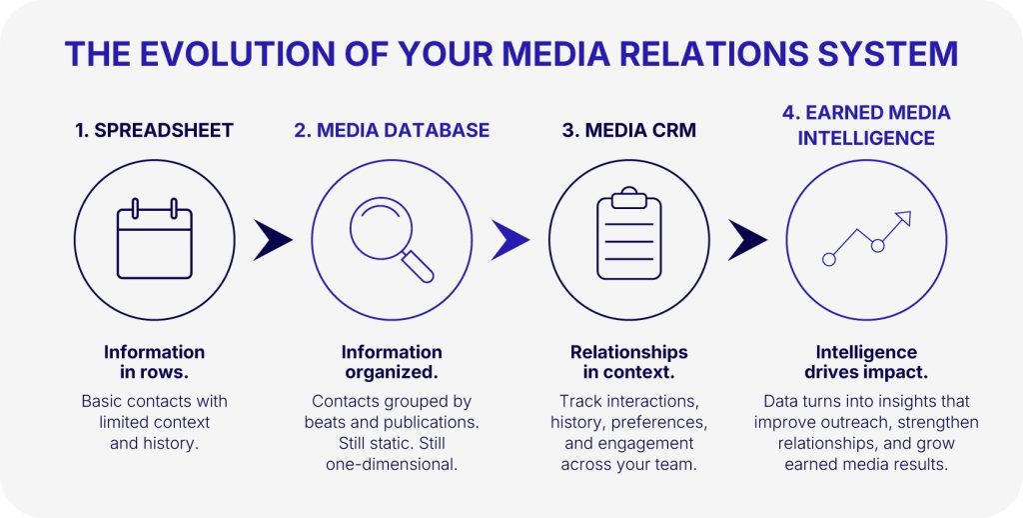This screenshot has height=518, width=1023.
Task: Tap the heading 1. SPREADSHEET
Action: pyautogui.click(x=154, y=131)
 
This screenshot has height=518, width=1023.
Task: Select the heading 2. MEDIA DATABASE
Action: pyautogui.click(x=392, y=131)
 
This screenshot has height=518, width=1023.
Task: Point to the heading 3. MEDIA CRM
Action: pyautogui.click(x=629, y=131)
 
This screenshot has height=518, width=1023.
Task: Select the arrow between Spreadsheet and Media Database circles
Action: pyautogui.click(x=273, y=240)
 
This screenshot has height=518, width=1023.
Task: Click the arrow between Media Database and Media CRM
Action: pyautogui.click(x=511, y=240)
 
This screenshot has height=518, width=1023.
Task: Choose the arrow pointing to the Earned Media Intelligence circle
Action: pyautogui.click(x=747, y=240)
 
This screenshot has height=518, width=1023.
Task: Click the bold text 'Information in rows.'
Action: pyautogui.click(x=154, y=363)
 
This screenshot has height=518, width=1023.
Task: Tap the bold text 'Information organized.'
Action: pyautogui.click(x=392, y=363)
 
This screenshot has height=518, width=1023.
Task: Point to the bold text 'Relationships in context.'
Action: pyautogui.click(x=629, y=363)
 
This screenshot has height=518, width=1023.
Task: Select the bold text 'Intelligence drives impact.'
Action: pyautogui.click(x=866, y=363)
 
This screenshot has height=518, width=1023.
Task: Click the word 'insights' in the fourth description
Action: pyautogui.click(x=891, y=401)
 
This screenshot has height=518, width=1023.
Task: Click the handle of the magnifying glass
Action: pyautogui.click(x=419, y=267)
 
